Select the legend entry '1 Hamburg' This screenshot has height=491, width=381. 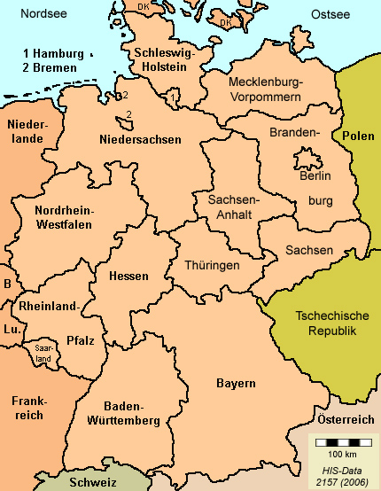click(x=54, y=53)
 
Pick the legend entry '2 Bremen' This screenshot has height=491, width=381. click(x=51, y=66)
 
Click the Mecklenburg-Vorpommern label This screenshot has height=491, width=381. click(x=265, y=89)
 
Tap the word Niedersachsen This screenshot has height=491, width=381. click(x=140, y=139)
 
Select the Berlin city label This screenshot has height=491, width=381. click(x=315, y=176)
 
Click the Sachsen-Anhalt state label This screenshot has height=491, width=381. click(x=233, y=207)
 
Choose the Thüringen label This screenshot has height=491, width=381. click(x=212, y=265)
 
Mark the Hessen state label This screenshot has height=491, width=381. click(x=128, y=276)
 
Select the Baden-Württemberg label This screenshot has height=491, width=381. click(x=124, y=412)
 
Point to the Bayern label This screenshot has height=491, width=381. click(x=236, y=383)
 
